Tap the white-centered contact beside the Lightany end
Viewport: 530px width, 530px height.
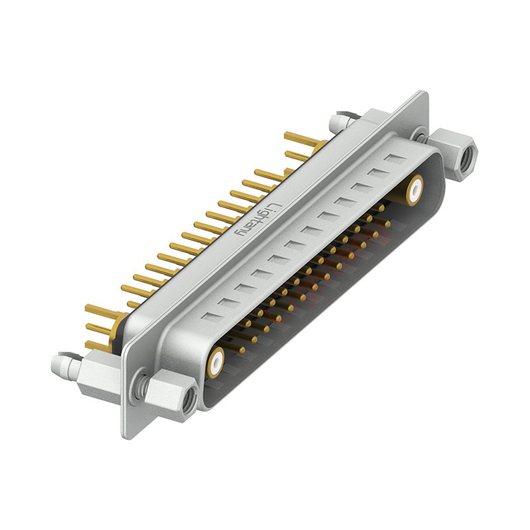(415, 189)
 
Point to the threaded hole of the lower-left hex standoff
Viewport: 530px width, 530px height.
(189, 399)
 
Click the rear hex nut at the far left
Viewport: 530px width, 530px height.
(93, 376)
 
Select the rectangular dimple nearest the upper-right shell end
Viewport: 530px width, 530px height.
(395, 159)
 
